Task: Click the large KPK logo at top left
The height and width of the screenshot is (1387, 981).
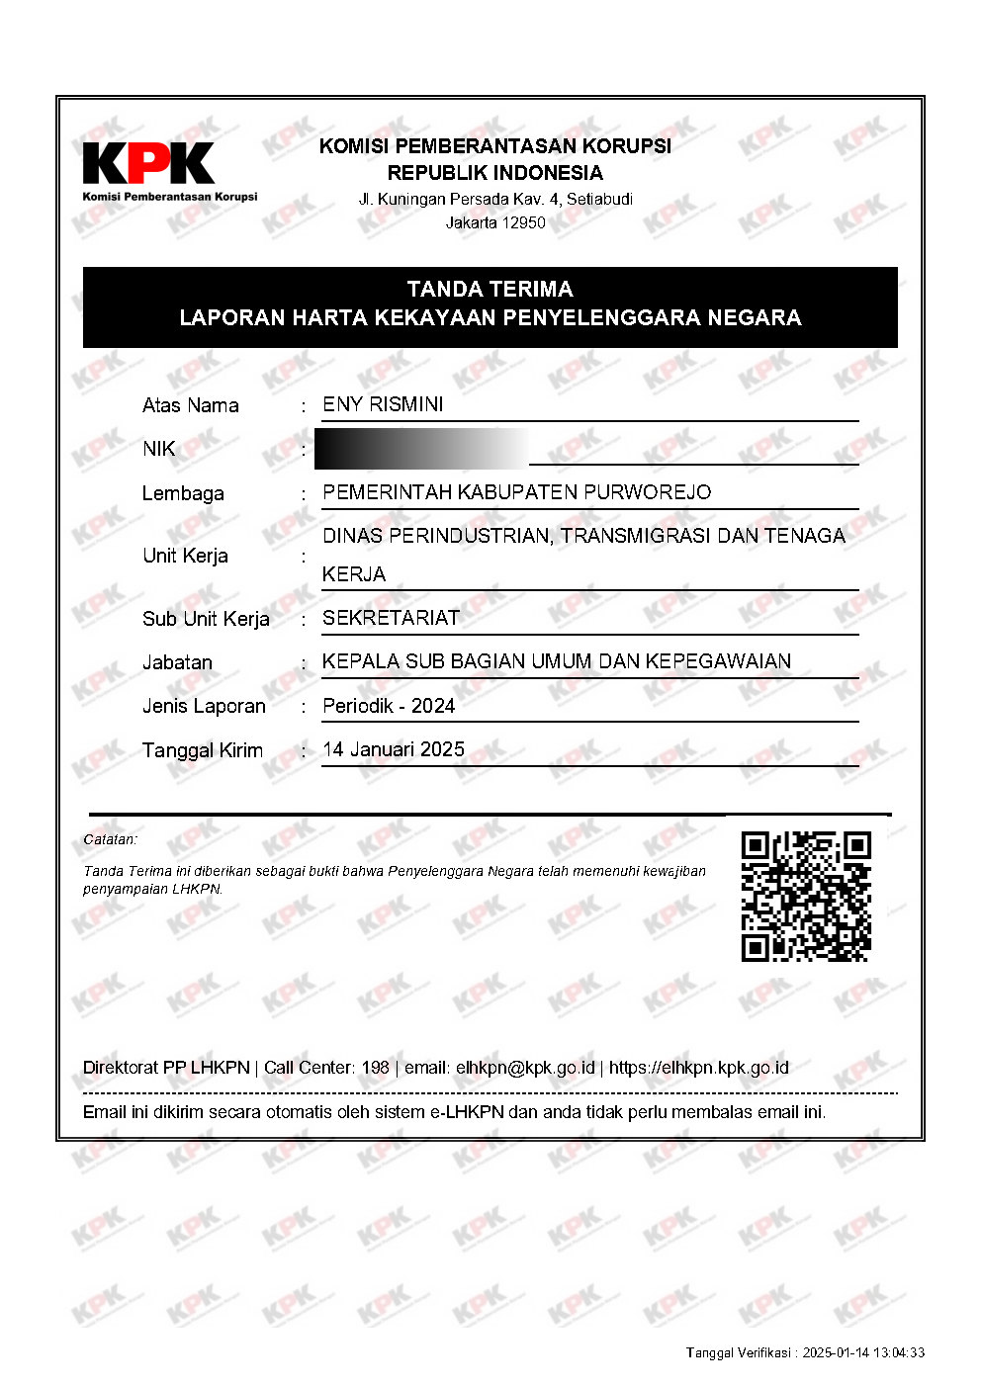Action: pos(148,164)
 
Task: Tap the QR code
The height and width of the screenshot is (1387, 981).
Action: pos(806,897)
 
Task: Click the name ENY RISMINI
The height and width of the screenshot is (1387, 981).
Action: pos(383,404)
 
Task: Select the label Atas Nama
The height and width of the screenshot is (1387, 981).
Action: pos(190,405)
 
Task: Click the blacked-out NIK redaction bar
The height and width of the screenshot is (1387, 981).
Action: pos(420,449)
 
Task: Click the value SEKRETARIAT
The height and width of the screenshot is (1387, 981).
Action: pos(391,618)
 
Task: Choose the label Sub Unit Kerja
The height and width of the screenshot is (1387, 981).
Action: pos(206,619)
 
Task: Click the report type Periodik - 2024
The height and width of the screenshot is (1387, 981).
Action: pos(389,706)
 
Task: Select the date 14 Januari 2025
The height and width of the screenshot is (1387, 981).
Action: pos(394,749)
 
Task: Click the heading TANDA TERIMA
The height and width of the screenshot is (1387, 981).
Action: pos(490,290)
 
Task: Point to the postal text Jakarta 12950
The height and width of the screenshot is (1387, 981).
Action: pos(495,222)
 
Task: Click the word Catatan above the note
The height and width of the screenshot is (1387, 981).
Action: pos(110,839)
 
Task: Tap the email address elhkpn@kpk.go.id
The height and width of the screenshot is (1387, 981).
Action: pos(525,1068)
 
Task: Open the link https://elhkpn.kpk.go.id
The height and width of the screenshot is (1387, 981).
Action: pos(698,1068)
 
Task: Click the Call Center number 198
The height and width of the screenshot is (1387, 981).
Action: pos(375,1068)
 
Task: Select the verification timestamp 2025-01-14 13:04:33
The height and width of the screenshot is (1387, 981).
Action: pos(863,1352)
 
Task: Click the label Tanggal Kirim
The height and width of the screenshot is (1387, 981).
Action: pos(203,750)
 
